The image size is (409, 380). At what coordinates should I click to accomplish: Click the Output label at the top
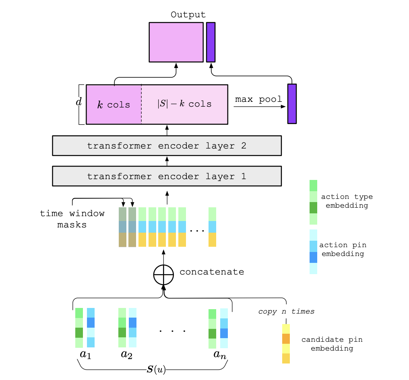point(188,14)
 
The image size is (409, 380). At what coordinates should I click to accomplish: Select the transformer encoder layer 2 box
point(167,146)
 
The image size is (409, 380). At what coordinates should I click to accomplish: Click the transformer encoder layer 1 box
point(167,176)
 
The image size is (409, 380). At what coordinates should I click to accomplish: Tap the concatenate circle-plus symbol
point(163,275)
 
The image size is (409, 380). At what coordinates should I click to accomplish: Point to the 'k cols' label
point(114,105)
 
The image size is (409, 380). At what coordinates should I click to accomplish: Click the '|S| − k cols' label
point(184,104)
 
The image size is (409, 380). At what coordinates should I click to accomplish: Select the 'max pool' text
point(258,99)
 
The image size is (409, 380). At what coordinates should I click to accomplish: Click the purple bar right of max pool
point(292,104)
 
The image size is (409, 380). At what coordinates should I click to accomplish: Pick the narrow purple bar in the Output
point(211,42)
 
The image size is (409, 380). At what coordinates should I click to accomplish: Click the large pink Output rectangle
point(176,42)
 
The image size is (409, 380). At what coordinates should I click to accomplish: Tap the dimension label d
point(79,102)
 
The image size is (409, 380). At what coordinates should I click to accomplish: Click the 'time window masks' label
point(72,219)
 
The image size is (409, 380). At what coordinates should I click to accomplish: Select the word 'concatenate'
point(212,272)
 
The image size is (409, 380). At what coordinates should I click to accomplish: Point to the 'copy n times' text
point(286,312)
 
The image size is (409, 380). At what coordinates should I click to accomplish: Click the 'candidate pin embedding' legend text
point(332,344)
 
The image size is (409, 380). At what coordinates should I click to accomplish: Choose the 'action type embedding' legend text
point(347,201)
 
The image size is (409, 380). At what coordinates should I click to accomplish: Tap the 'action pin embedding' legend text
point(343,249)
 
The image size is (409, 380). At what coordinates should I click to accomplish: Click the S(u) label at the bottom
point(156,369)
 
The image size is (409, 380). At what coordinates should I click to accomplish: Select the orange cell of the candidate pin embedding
point(286,339)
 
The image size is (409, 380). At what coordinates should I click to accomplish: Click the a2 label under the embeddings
point(127,355)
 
